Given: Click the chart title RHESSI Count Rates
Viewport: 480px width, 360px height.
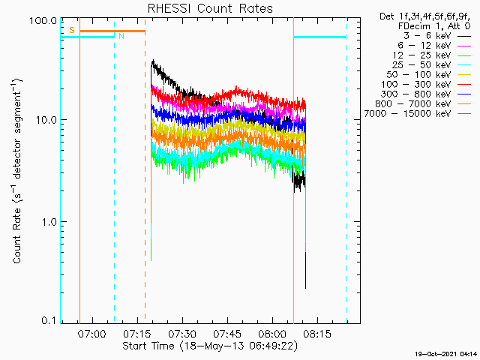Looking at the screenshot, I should click(209, 9).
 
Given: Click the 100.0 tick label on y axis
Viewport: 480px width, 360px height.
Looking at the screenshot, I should click(43, 20).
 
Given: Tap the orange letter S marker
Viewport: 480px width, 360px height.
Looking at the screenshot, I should click(72, 30).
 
